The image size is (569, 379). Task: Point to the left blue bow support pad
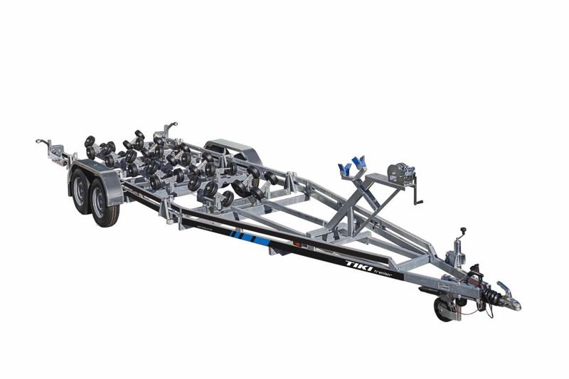click(x=344, y=169)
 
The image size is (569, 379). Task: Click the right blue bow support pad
click(x=358, y=163)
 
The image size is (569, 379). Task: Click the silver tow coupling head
click(x=509, y=301)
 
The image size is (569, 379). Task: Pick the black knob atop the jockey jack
click(x=463, y=231)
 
